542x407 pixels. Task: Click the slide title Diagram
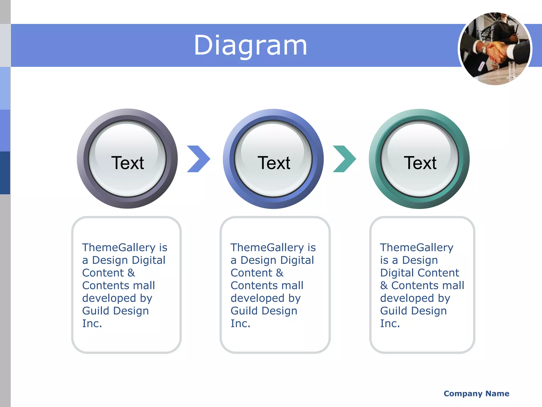[x=250, y=46]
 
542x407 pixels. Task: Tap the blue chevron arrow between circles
[x=198, y=159]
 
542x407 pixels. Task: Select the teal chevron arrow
[x=344, y=159]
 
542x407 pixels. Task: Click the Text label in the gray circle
[x=128, y=163]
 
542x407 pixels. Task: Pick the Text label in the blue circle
[x=274, y=163]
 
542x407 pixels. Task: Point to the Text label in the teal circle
[x=420, y=163]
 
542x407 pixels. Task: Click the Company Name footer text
[x=476, y=393]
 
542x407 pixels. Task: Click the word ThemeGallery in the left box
[x=119, y=247]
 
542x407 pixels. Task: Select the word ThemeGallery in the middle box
[x=267, y=247]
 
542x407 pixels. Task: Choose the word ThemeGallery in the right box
[x=417, y=247]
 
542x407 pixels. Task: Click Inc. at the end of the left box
[x=92, y=324]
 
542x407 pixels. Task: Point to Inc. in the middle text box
[x=240, y=324]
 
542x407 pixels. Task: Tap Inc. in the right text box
[x=390, y=324]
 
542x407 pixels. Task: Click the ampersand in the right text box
[x=384, y=286]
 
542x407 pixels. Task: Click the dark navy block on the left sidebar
[x=5, y=173]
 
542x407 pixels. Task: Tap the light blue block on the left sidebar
[x=5, y=88]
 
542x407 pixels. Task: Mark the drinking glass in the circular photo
[x=511, y=70]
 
